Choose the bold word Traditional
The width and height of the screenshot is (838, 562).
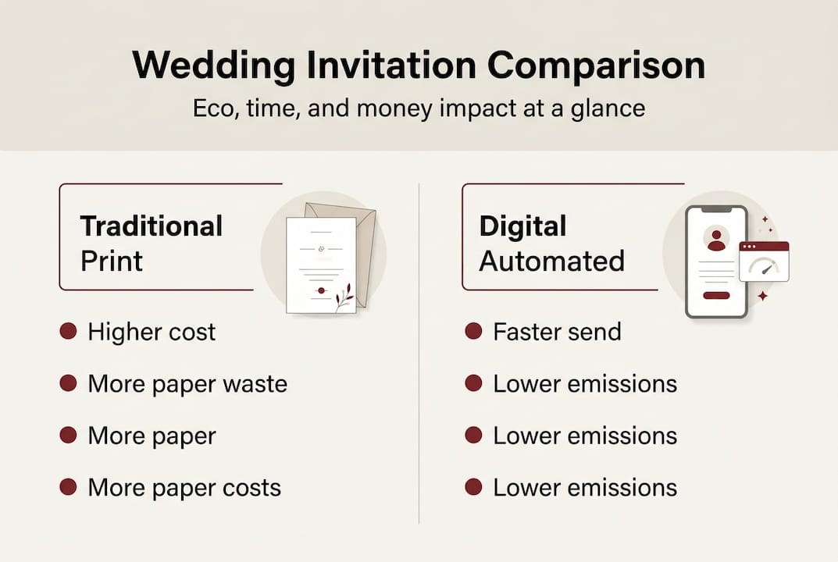[x=152, y=226]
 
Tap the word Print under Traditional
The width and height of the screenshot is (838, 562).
[x=112, y=261]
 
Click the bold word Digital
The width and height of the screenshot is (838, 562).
[x=522, y=226]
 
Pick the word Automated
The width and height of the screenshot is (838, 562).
[x=551, y=261]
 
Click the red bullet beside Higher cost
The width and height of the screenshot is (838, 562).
[x=69, y=332]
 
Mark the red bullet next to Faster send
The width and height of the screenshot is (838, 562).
[x=473, y=332]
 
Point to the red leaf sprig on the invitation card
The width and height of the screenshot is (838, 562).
[x=344, y=297]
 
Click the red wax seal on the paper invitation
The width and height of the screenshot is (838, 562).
[x=320, y=290]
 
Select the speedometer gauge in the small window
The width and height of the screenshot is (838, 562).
[x=764, y=266]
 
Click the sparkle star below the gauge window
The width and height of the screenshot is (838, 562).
[x=763, y=296]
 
